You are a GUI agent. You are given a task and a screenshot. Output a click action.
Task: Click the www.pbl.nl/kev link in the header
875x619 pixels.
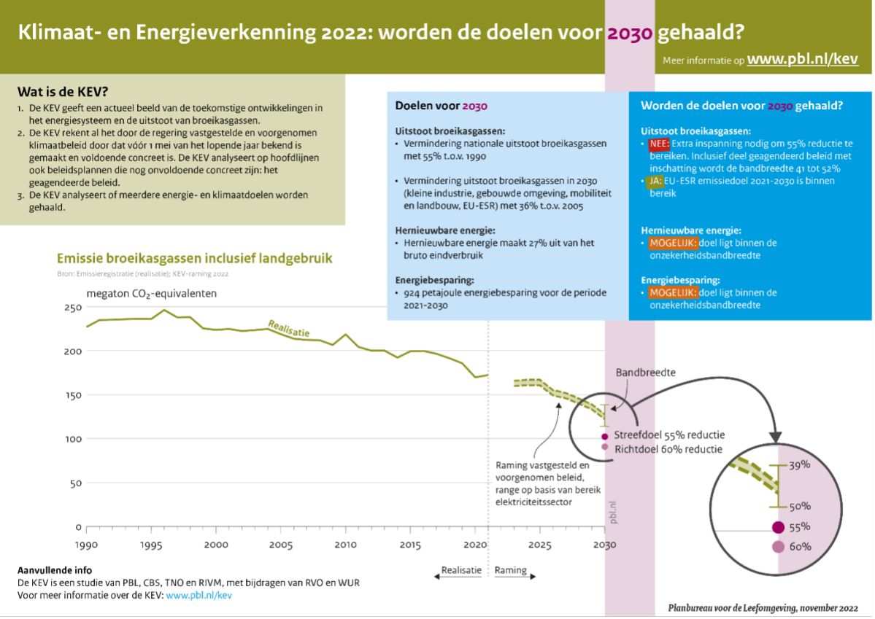[802, 59]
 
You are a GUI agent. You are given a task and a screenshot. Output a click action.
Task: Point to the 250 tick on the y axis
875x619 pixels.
[71, 308]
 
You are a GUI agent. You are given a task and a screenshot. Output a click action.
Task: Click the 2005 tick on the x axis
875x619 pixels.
[280, 545]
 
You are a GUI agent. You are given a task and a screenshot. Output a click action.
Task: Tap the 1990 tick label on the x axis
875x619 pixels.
[86, 545]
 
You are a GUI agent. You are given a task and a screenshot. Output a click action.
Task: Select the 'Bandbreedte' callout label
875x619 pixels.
[646, 373]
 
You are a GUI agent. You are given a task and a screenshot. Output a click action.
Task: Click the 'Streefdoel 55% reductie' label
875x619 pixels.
[668, 435]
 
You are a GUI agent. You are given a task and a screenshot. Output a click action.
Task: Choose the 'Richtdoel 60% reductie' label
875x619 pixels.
[668, 449]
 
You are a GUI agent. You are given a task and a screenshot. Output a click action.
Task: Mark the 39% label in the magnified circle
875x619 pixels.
[800, 464]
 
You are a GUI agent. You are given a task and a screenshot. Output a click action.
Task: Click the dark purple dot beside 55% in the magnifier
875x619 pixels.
[779, 527]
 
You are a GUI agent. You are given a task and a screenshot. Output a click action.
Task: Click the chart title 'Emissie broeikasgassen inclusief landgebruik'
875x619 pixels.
[194, 258]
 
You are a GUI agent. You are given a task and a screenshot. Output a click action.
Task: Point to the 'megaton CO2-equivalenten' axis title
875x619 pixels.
[151, 294]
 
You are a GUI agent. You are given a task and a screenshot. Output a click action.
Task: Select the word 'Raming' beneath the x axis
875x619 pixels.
[511, 571]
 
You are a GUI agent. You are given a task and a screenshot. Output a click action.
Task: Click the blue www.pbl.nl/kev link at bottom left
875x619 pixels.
[198, 595]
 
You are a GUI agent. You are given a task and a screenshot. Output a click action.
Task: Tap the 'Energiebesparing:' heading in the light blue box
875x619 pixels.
[435, 280]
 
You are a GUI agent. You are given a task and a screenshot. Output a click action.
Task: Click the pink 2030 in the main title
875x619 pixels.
[629, 34]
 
